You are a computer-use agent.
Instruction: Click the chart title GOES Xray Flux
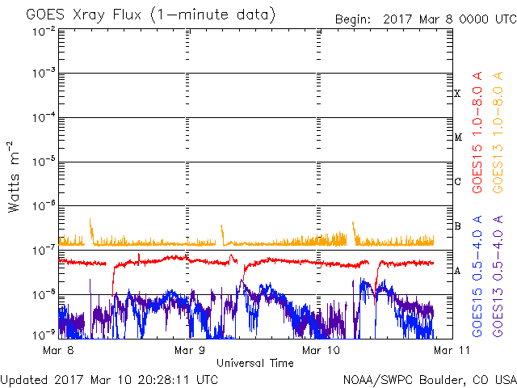[x=84, y=15]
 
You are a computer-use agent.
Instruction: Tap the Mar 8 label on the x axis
[x=58, y=350]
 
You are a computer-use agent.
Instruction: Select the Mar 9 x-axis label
[x=190, y=350]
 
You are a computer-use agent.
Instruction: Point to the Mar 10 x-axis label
[x=321, y=350]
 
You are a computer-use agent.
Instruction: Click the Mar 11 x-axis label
[x=452, y=350]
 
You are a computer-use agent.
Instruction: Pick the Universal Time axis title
[x=255, y=363]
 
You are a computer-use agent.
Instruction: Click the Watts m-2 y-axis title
[x=13, y=177]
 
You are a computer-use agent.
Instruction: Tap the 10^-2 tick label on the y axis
[x=44, y=32]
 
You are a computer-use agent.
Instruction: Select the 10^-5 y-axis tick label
[x=44, y=162]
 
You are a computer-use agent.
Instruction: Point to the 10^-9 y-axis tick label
[x=44, y=335]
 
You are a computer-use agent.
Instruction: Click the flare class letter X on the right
[x=457, y=94]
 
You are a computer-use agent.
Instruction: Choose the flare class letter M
[x=458, y=137]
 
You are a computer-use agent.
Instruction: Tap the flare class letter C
[x=457, y=181]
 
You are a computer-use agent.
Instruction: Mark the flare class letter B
[x=457, y=226]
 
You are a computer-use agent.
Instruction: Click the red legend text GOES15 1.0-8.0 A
[x=477, y=133]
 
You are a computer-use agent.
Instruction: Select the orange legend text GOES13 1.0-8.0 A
[x=498, y=133]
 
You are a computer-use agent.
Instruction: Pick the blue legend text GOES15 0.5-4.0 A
[x=477, y=276]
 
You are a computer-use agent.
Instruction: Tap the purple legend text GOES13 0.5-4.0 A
[x=498, y=276]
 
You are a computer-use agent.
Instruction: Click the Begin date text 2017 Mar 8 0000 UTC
[x=450, y=19]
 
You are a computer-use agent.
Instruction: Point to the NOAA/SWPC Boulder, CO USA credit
[x=430, y=380]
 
